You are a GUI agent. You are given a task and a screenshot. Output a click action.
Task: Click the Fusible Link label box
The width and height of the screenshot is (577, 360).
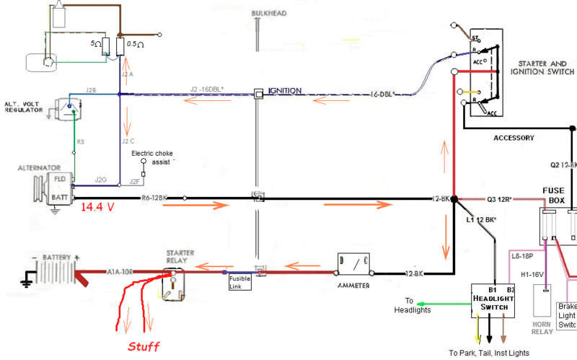[x=239, y=281]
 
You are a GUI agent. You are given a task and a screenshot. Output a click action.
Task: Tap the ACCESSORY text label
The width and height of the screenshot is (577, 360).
[x=514, y=137]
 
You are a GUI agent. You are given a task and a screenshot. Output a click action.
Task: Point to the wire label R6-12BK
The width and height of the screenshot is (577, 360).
[x=154, y=196]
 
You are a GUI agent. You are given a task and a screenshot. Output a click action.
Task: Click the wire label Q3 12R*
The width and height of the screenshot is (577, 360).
[x=501, y=198]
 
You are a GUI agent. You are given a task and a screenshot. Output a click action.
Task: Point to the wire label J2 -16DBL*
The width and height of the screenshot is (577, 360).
[x=207, y=89]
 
